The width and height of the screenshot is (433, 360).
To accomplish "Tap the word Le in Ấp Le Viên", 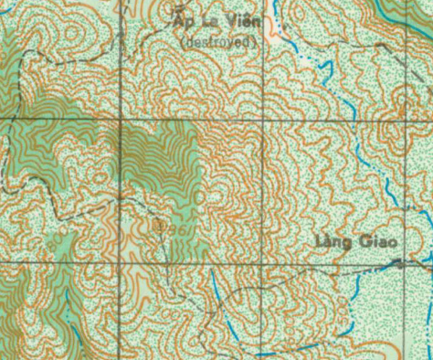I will pos(208,21).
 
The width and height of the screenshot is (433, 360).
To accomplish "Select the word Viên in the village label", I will pos(241,22).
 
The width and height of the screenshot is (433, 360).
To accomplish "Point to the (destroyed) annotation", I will pos(219,40).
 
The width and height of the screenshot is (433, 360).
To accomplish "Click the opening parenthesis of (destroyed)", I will pos(184,40).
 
